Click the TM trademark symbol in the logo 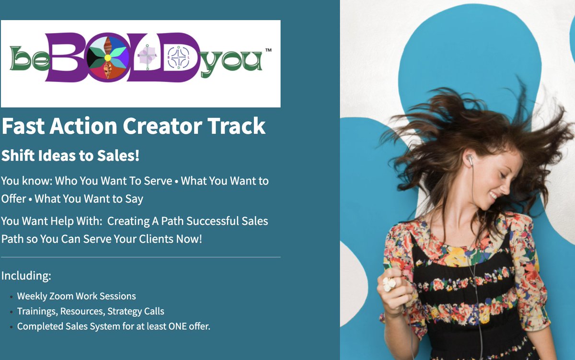268,50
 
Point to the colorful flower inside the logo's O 108,58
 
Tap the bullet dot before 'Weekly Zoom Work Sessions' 11,297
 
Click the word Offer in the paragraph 13,198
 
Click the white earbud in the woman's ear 471,161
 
